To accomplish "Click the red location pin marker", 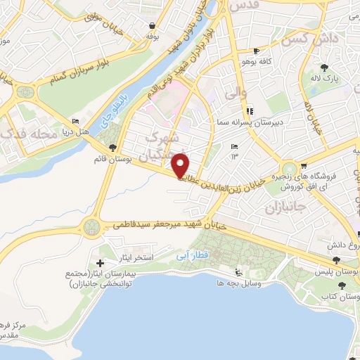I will coord(181,166).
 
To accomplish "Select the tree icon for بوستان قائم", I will coord(113,147).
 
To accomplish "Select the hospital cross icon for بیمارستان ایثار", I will coord(100,262).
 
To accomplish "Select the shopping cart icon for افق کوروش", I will coord(303,166).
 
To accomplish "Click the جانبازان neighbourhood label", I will coord(287,210).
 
